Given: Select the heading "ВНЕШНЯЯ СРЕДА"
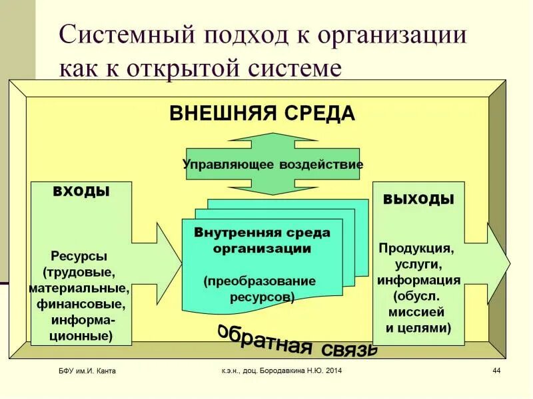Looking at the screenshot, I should point(262,114).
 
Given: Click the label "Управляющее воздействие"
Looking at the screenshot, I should point(272,164).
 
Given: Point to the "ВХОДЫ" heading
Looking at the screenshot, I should point(81,192).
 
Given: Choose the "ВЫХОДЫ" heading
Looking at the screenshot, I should point(418,199).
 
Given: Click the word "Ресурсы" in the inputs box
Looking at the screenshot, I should point(79,256).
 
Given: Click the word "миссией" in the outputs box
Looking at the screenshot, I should point(418,312).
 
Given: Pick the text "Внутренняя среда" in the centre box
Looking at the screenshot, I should point(262,233).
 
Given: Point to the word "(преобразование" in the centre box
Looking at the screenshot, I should point(260,281).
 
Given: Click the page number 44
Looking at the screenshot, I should point(496,370).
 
